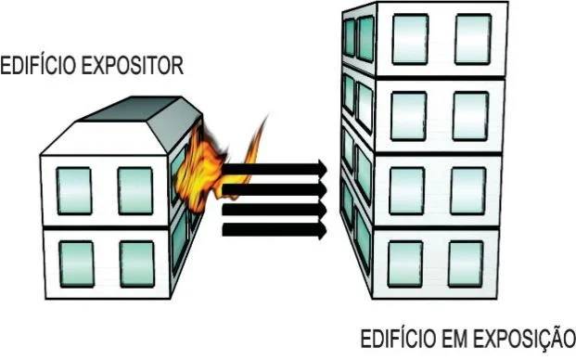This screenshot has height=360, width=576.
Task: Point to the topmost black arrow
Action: pos(275,169)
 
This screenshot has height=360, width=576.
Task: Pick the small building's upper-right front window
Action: pos(135,189)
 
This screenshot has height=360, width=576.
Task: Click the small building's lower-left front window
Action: pos(74,263)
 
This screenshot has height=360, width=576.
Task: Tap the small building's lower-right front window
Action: pos(137,263)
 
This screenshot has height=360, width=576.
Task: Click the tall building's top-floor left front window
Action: pos(409,37)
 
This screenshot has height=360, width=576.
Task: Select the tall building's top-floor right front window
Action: pos(472,36)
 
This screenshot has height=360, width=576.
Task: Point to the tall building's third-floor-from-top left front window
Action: pos(406,188)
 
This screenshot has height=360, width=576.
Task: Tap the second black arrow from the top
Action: pos(275,189)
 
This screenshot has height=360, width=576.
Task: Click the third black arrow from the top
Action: pos(275,208)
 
